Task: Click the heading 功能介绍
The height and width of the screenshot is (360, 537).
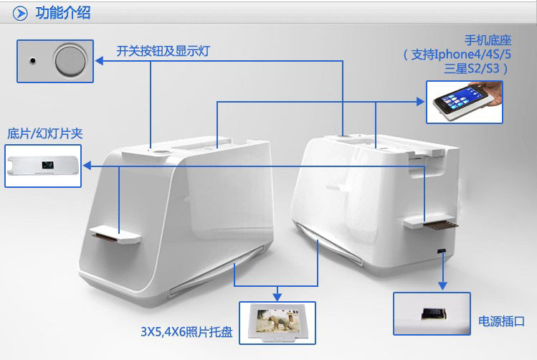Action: [63, 13]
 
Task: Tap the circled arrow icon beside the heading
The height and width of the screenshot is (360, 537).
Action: [20, 14]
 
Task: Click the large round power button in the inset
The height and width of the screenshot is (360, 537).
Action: [70, 61]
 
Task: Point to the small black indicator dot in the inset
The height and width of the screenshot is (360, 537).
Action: [32, 61]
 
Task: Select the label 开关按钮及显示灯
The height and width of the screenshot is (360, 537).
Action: [163, 52]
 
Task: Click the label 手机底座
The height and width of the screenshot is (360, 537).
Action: [488, 40]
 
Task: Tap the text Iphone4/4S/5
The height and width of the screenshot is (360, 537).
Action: [472, 54]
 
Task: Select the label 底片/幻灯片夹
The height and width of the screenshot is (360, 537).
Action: [45, 133]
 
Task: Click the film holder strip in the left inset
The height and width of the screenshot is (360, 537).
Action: [43, 165]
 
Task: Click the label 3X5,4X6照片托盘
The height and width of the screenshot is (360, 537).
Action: [186, 331]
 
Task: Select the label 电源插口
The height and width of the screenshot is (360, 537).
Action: [501, 321]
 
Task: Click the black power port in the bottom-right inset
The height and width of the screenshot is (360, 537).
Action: [434, 314]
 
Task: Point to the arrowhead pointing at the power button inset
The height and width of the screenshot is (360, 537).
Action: [100, 61]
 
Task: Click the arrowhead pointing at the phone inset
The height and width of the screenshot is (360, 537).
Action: [420, 101]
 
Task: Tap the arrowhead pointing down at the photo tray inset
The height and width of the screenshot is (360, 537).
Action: [277, 298]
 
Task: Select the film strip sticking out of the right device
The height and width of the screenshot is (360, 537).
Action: [441, 225]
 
